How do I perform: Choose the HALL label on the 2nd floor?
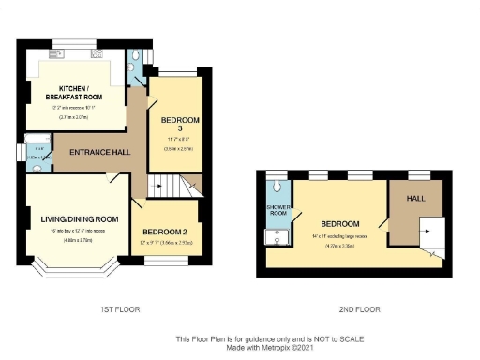(412, 199)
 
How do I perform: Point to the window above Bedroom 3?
(175, 72)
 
